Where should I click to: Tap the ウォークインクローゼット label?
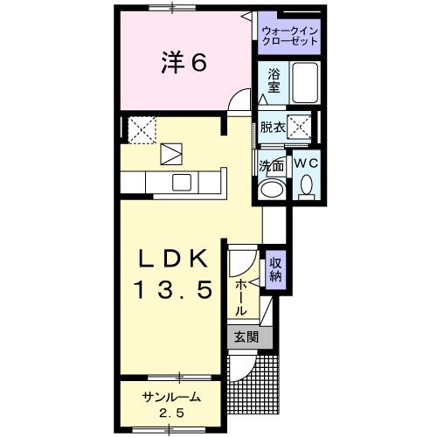290,36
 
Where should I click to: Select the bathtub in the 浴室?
305,82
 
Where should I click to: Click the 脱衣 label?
273,127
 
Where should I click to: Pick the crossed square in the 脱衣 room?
299,127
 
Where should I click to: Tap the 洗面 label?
272,166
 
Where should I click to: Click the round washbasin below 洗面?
272,189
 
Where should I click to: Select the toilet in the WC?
306,188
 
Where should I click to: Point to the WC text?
306,163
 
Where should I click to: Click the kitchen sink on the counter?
182,182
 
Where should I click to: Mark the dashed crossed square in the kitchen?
142,129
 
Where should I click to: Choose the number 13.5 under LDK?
173,289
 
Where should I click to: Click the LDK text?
173,259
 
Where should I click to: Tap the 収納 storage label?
275,270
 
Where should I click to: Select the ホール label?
240,297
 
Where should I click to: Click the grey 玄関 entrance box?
250,337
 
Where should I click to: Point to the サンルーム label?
171,397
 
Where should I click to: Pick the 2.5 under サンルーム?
171,413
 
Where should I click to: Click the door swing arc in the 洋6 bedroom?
235,94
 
